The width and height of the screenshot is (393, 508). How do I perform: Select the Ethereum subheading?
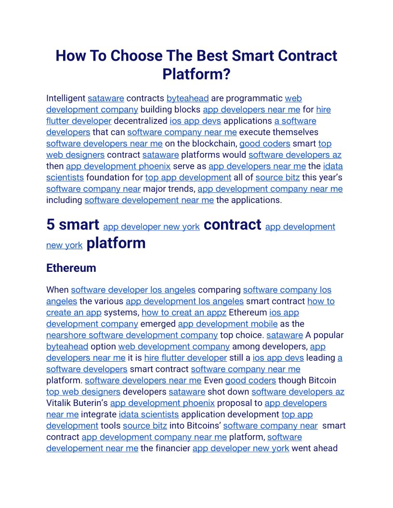point(71,268)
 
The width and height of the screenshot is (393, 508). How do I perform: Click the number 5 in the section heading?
point(51,225)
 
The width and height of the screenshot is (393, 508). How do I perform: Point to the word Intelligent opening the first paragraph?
point(66,99)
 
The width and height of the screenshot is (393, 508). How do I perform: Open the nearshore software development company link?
point(132,335)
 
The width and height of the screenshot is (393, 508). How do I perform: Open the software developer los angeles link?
point(133,290)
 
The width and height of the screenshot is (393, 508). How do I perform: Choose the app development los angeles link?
point(184,301)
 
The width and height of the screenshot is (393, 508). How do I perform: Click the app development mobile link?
point(228,324)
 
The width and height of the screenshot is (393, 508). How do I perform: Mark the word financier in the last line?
point(173,448)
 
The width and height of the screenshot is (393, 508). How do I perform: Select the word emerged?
point(158,324)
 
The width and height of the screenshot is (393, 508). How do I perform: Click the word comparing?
point(219,290)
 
